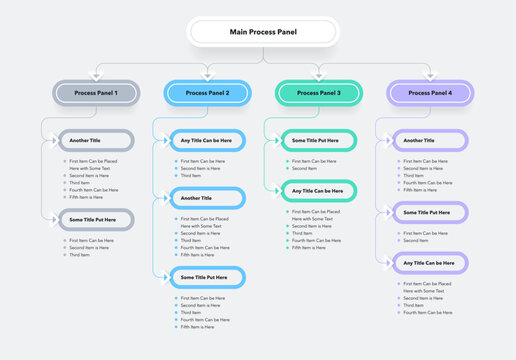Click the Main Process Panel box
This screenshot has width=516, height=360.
(258, 32)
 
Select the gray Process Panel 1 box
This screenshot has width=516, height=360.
(95, 93)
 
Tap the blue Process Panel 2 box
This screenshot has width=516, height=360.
(207, 93)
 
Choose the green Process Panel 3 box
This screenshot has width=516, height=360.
(319, 93)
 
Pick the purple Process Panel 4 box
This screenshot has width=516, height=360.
(430, 93)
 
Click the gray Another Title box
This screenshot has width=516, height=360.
(95, 141)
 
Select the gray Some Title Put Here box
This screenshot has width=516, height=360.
(95, 219)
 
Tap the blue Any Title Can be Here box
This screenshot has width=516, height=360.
(207, 141)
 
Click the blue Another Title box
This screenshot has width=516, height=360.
(207, 198)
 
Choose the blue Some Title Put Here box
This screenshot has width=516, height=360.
(207, 277)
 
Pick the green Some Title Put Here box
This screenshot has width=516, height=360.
(319, 141)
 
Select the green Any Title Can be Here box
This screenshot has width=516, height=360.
(319, 190)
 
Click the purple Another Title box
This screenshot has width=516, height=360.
(430, 141)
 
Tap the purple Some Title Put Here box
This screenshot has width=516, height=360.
(430, 212)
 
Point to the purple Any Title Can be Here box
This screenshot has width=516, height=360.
(430, 262)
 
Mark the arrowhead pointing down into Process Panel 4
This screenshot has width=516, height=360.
(430, 75)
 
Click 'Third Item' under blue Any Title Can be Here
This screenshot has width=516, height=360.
(191, 176)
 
